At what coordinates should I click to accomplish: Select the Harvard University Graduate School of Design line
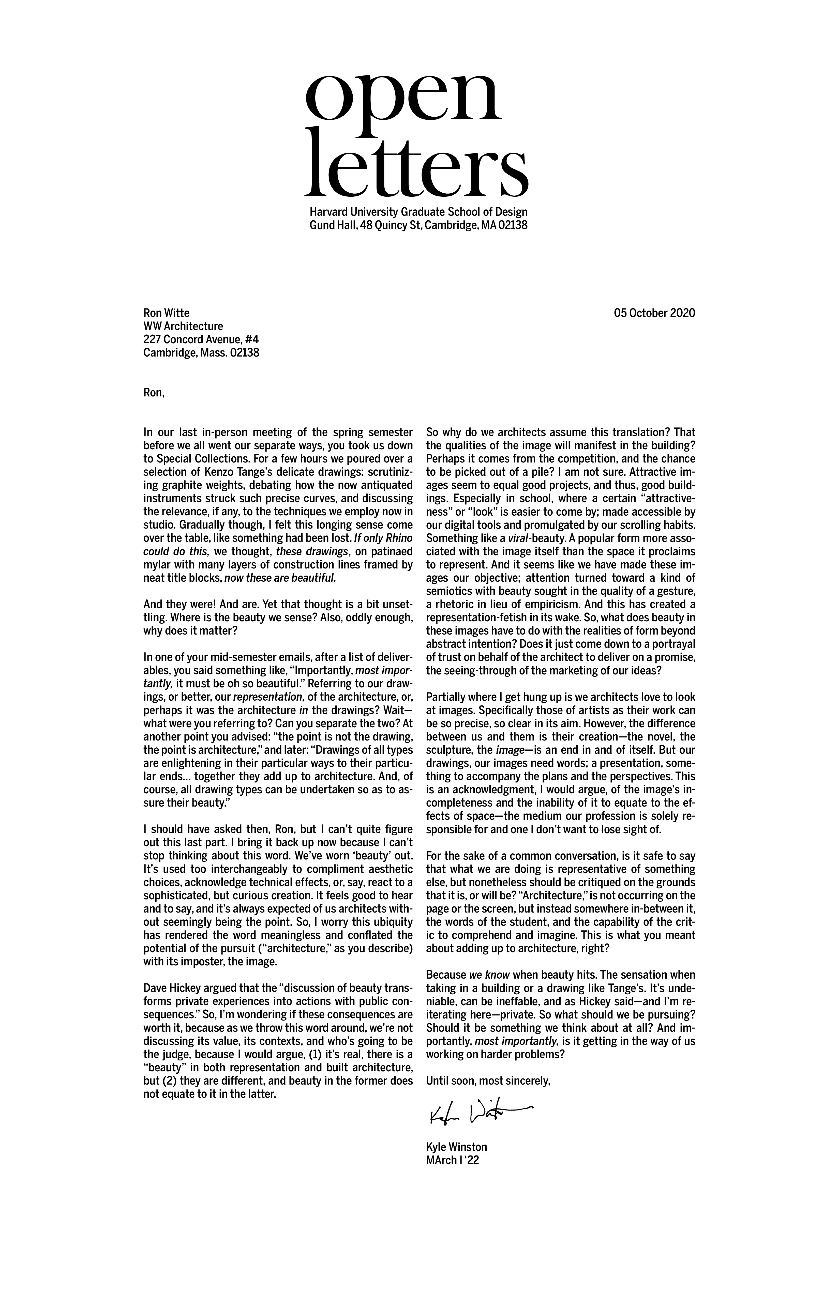tap(418, 212)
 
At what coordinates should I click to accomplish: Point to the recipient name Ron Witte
tap(166, 313)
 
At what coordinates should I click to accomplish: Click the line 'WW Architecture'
tap(183, 326)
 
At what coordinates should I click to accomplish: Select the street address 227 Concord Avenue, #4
tap(201, 339)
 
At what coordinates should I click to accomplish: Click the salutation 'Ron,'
tap(153, 393)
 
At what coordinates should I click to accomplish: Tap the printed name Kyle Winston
tap(457, 1147)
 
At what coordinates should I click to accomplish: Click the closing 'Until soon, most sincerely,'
tap(488, 1081)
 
